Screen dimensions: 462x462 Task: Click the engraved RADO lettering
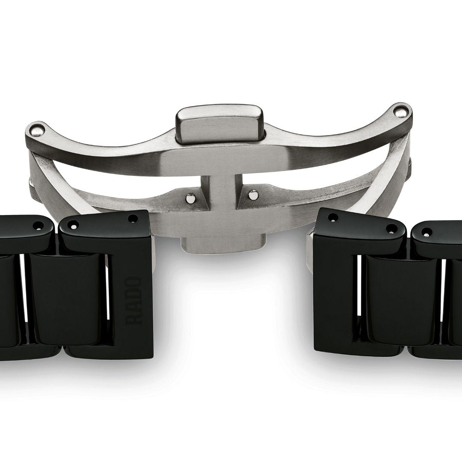point(134,301)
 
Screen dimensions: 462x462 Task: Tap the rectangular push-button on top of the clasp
point(219,124)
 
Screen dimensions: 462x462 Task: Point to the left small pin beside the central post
point(191,197)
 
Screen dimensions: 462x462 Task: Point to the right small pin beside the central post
point(252,195)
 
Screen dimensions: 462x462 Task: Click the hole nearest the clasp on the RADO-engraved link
point(133,219)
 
